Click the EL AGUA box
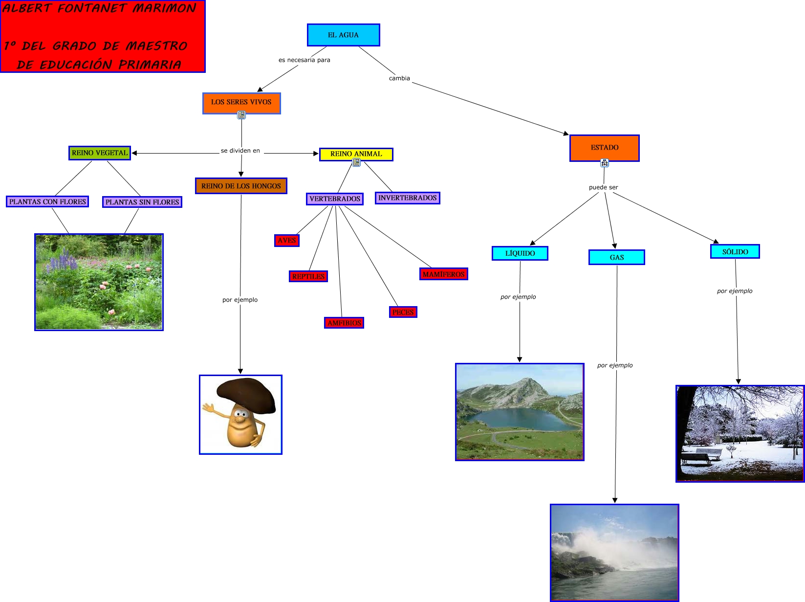pos(343,35)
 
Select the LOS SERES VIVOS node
pos(241,102)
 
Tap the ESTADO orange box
pos(604,148)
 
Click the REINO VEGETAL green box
pos(100,153)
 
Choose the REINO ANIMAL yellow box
pos(356,154)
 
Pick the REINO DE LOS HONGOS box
pos(241,186)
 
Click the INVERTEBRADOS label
pos(407,198)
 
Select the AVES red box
pos(286,241)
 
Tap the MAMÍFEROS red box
pos(443,274)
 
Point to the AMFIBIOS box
pos(344,323)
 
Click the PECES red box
pos(403,312)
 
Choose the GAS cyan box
pos(616,257)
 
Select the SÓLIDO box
pos(735,252)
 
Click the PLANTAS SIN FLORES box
pos(142,202)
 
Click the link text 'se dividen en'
pos(240,151)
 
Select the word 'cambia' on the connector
pos(399,78)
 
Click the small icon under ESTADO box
pos(605,163)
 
